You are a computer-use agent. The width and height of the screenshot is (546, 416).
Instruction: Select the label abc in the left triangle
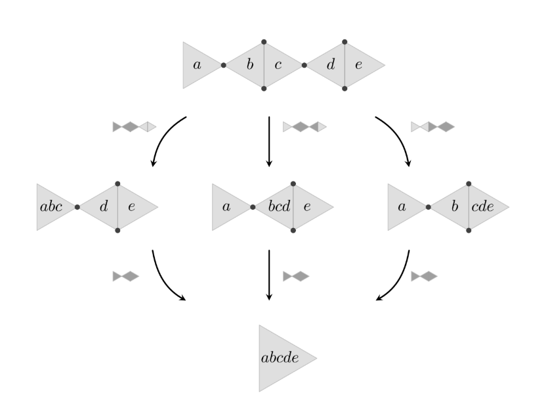pyautogui.click(x=51, y=206)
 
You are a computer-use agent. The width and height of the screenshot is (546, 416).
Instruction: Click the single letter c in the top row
pyautogui.click(x=278, y=65)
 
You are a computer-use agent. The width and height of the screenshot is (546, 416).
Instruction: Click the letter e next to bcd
pyautogui.click(x=306, y=206)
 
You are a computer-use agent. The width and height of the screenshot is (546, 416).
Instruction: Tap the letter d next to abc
pyautogui.click(x=102, y=206)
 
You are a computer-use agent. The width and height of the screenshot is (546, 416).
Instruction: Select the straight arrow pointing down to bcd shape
pyautogui.click(x=270, y=141)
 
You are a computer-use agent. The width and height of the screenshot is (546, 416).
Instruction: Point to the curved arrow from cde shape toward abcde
pyautogui.click(x=398, y=279)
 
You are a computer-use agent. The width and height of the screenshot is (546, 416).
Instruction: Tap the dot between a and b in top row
pyautogui.click(x=223, y=65)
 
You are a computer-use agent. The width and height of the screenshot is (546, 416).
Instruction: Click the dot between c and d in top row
pyautogui.click(x=304, y=65)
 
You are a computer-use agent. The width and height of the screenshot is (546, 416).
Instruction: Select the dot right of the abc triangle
pyautogui.click(x=77, y=207)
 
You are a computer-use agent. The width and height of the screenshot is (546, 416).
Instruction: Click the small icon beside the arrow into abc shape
pyautogui.click(x=134, y=127)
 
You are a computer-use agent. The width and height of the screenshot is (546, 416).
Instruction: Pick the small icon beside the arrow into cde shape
pyautogui.click(x=432, y=127)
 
